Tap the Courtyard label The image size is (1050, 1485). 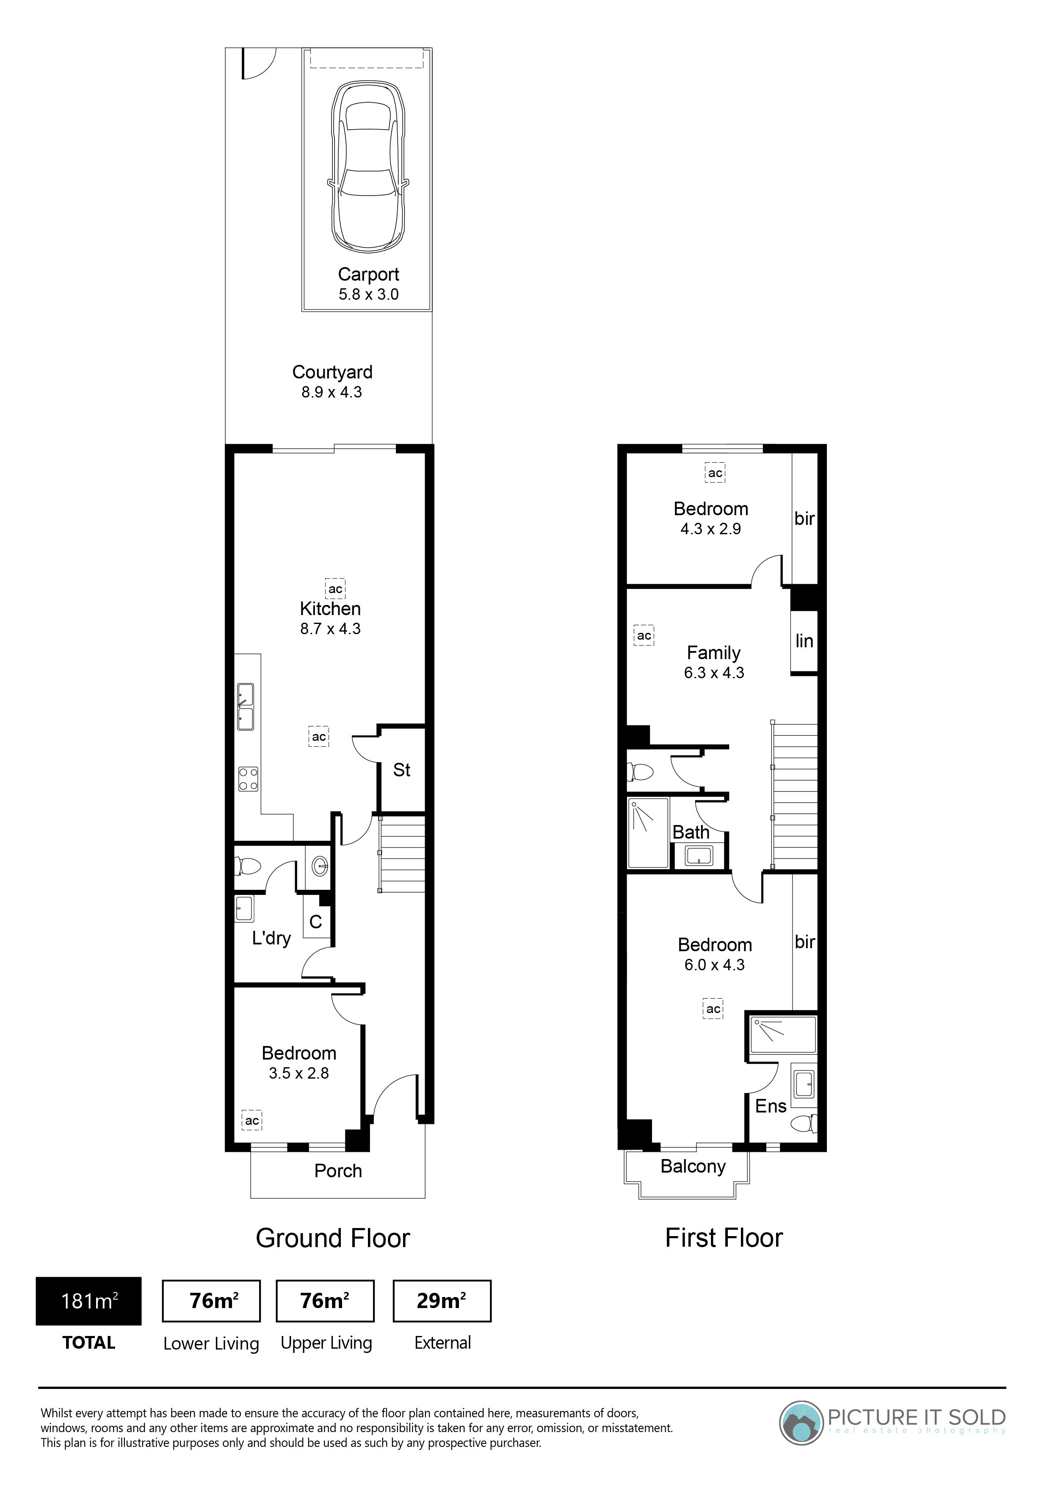(332, 372)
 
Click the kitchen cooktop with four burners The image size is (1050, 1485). (249, 779)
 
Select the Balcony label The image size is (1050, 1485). (693, 1166)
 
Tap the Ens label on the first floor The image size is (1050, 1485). (771, 1106)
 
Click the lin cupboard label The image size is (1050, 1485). (804, 640)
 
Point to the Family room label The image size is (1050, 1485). (713, 653)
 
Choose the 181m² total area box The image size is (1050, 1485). (88, 1301)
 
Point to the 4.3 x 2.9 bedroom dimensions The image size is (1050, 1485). (710, 529)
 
